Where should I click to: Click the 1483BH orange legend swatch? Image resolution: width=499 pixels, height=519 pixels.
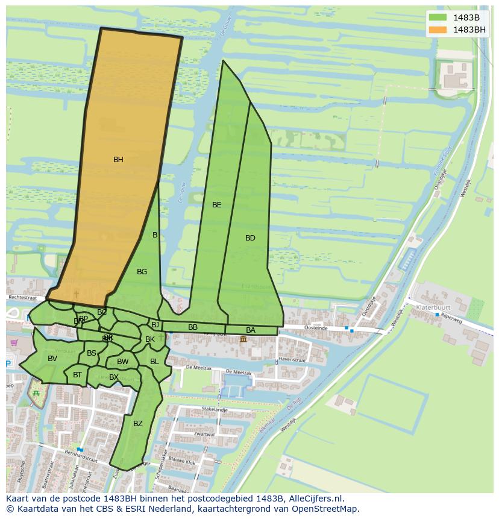(x=438, y=30)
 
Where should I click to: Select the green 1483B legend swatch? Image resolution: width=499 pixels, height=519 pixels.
(x=438, y=17)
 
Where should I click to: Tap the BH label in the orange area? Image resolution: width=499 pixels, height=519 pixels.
(x=118, y=160)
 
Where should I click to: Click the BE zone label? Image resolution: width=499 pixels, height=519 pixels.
(x=216, y=205)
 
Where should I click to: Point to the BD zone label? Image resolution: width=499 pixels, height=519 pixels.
(x=250, y=238)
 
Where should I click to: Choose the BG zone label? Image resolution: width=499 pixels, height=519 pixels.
(x=142, y=272)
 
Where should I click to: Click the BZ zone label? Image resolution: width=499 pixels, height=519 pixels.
(x=138, y=424)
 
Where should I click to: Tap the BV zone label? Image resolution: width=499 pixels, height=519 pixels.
(x=52, y=359)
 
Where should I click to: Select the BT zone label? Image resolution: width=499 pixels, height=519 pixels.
(x=77, y=375)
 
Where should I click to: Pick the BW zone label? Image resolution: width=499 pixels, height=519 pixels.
(x=123, y=362)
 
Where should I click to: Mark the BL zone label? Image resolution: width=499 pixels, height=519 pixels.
(x=154, y=362)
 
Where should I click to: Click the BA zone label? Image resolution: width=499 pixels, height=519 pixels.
(x=251, y=330)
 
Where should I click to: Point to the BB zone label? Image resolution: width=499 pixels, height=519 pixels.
(x=193, y=327)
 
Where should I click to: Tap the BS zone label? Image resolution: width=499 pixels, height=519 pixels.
(x=92, y=353)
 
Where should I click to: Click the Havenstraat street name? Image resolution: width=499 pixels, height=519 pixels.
(x=292, y=360)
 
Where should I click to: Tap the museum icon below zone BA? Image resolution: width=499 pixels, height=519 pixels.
(x=243, y=339)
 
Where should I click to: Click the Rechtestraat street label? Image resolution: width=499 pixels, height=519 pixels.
(x=23, y=298)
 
